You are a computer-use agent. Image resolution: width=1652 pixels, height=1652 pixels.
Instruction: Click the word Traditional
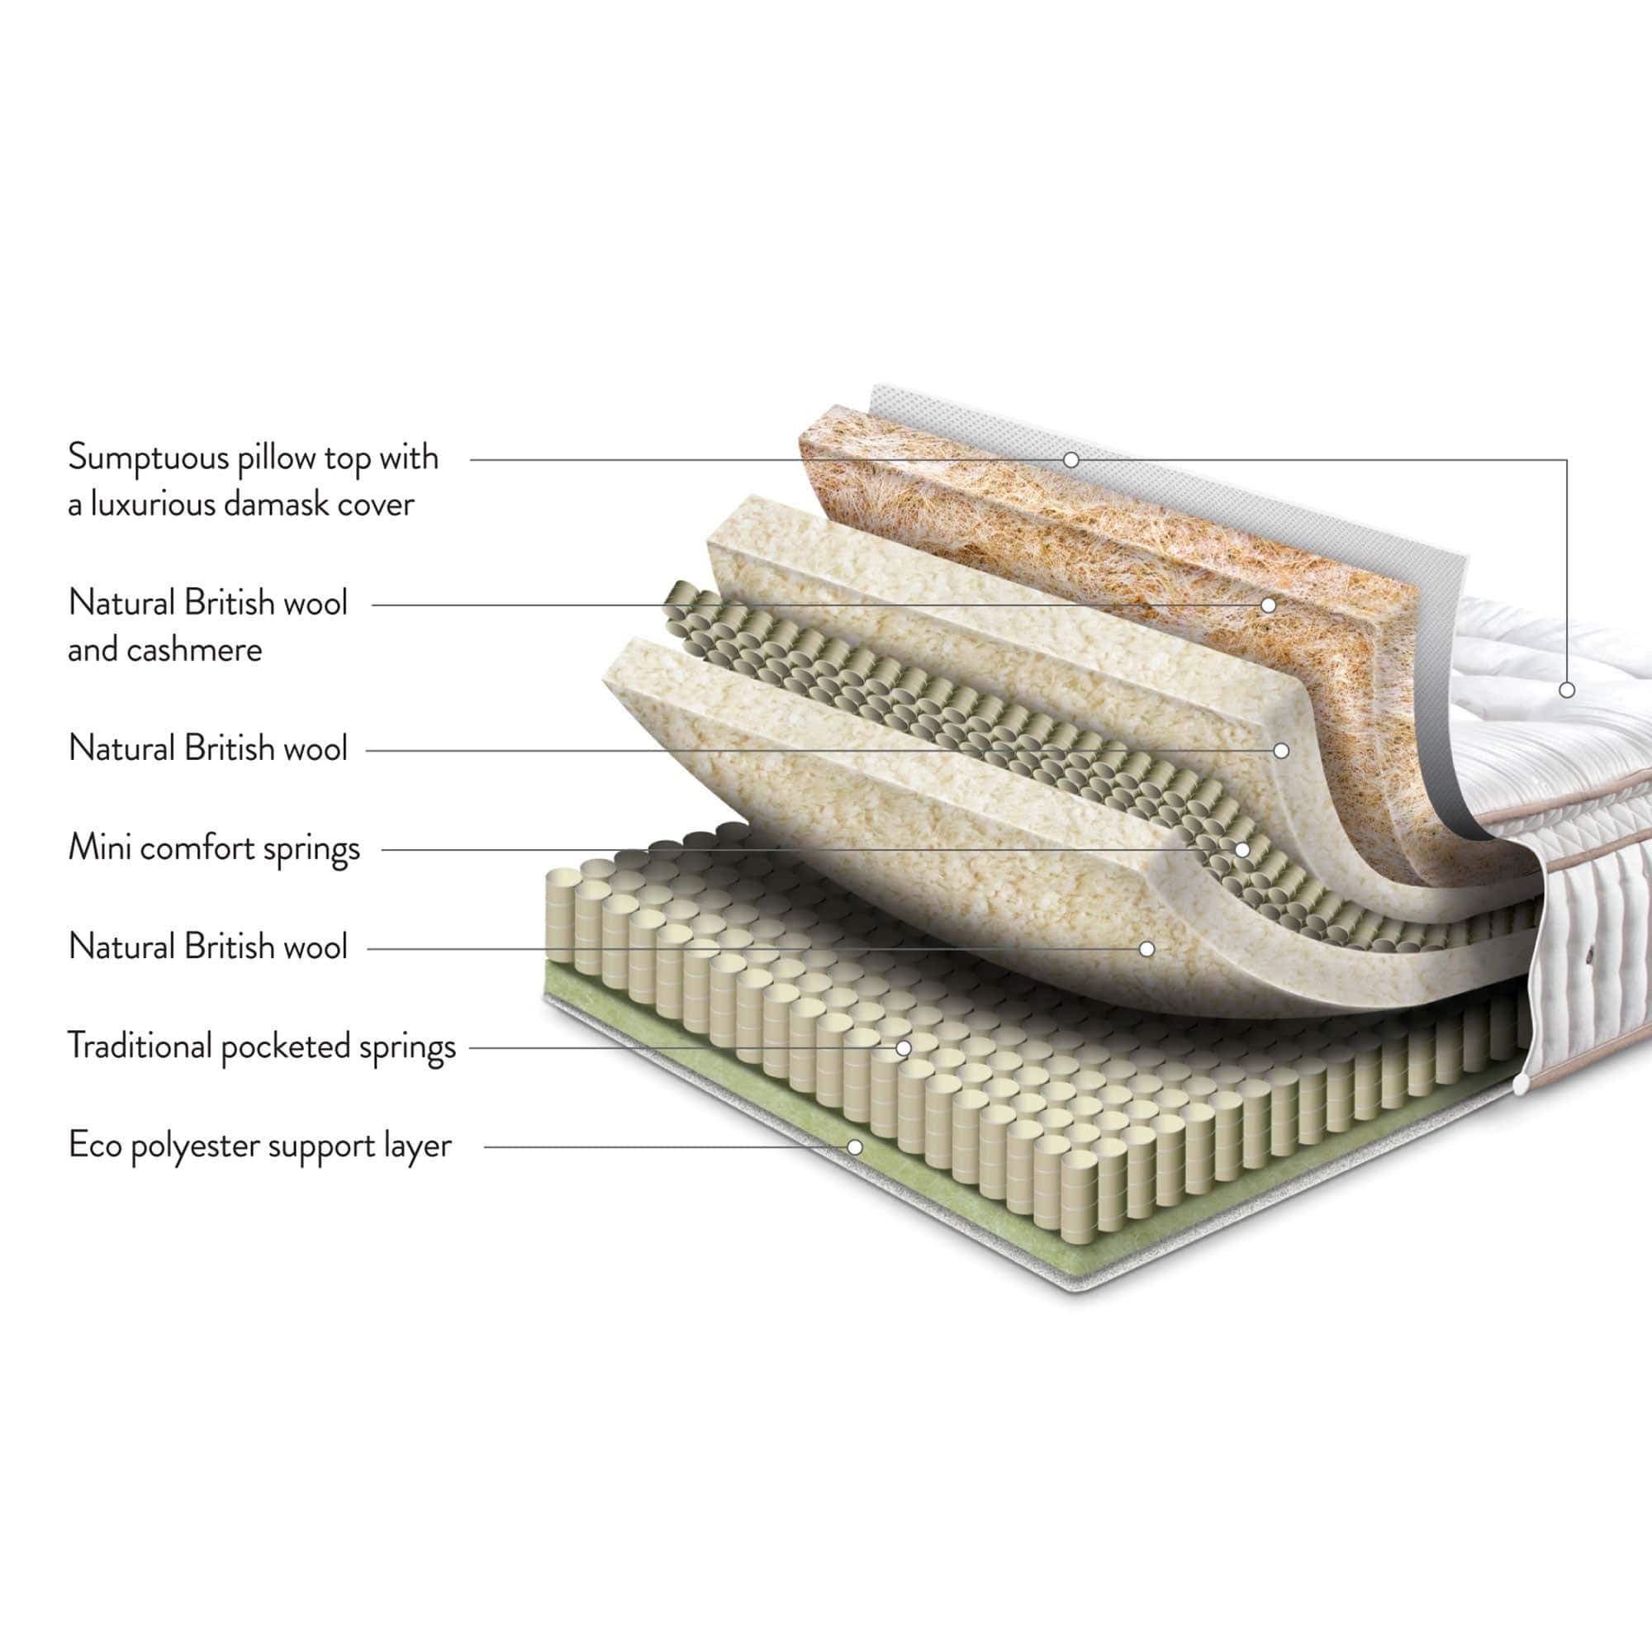140,1046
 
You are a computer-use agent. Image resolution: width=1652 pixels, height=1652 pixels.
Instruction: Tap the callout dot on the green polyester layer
854,1146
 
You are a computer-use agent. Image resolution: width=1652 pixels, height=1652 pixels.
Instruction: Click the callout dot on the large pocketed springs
904,1047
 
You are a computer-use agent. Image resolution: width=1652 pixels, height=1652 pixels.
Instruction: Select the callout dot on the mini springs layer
1241,850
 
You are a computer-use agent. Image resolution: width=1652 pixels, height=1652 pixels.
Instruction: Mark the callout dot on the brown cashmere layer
1269,605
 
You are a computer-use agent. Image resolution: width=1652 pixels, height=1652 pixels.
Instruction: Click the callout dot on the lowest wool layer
1147,948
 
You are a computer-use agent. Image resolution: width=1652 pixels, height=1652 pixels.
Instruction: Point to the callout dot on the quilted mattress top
1566,690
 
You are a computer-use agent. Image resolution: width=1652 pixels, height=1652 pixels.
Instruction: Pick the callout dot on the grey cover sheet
1070,460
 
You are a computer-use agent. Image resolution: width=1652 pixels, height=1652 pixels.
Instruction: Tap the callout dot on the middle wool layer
1281,751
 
